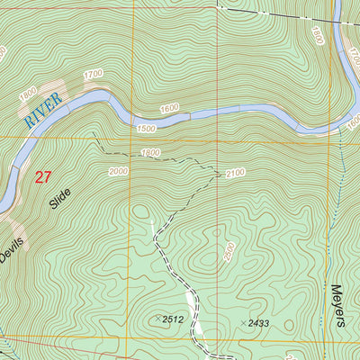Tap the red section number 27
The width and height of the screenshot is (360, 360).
[x=42, y=177]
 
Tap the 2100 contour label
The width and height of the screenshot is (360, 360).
[x=236, y=173]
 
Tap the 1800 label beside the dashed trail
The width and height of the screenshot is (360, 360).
[x=150, y=153]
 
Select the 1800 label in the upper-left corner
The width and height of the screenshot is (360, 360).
[x=28, y=92]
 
